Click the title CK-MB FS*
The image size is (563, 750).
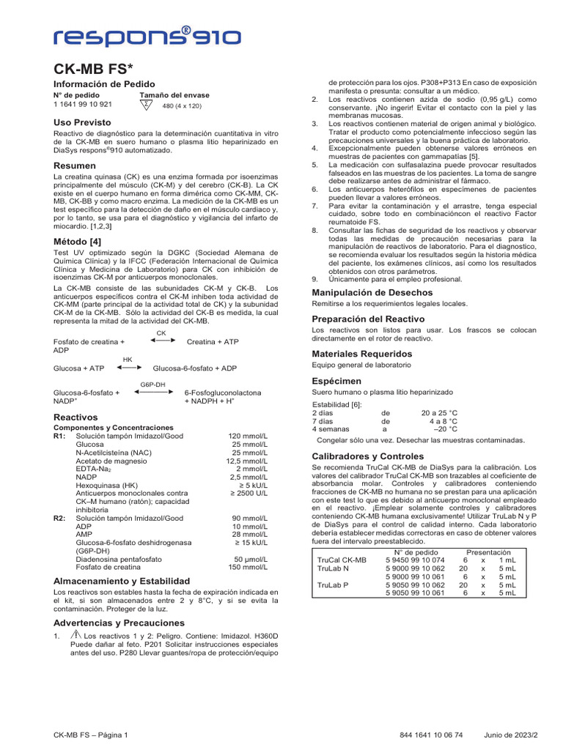tap(95, 70)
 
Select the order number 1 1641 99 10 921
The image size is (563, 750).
tap(83, 105)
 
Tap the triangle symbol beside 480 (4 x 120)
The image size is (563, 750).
tap(147, 105)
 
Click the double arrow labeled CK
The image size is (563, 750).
tap(161, 341)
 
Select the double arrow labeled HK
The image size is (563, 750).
tap(127, 368)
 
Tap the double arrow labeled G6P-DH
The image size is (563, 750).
tap(152, 393)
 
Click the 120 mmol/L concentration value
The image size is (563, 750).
tap(248, 436)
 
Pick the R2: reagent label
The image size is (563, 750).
tap(60, 518)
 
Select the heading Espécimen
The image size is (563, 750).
tap(336, 382)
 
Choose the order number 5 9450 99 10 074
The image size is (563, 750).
tap(415, 559)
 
